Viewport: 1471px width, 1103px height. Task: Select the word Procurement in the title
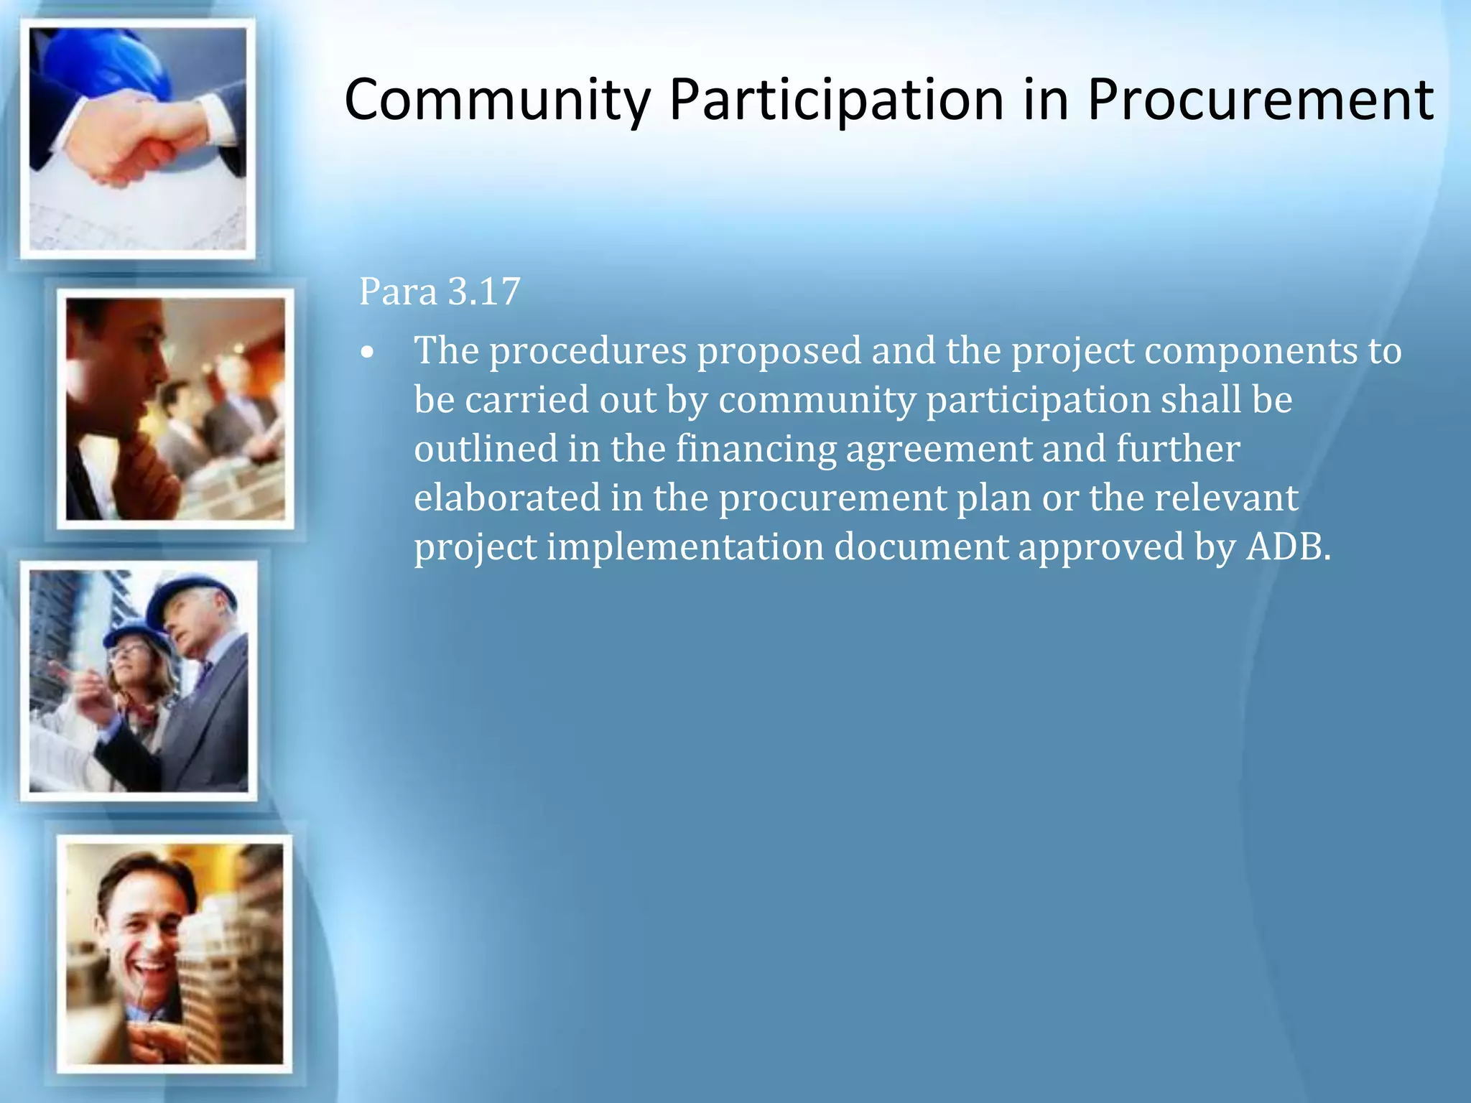[x=1260, y=100]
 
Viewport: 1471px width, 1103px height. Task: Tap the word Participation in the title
[x=836, y=100]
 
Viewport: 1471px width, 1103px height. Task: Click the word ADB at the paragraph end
[x=1287, y=547]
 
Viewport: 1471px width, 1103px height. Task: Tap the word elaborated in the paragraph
[x=507, y=498]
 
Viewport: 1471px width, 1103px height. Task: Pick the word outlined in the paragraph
[x=486, y=449]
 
